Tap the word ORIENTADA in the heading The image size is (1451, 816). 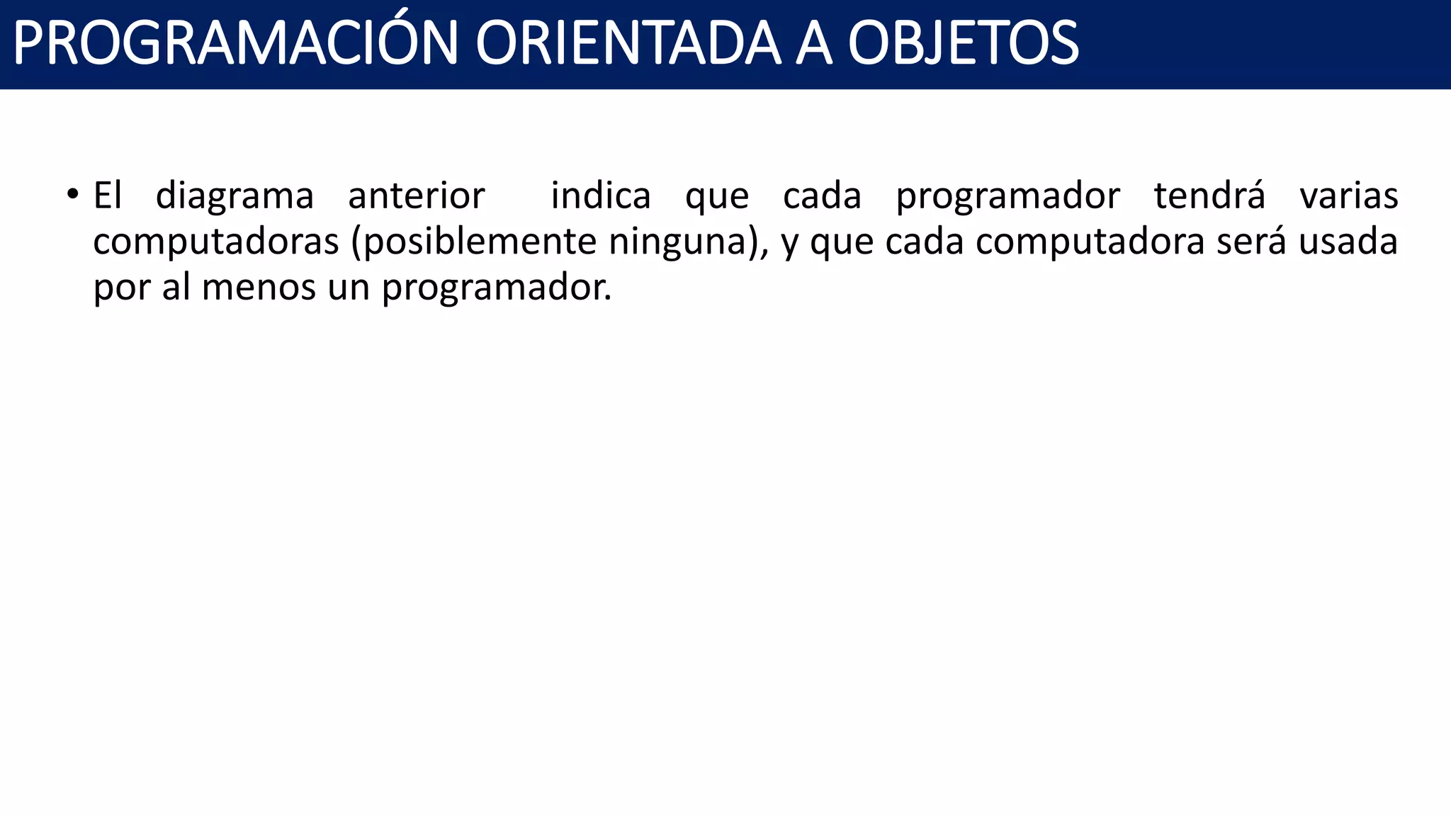coord(628,44)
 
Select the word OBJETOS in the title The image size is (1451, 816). coord(964,44)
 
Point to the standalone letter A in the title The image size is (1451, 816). coord(813,44)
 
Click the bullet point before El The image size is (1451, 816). coord(72,194)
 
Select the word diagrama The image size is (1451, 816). coord(235,197)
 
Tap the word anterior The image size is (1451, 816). coord(417,195)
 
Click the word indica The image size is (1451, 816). coord(601,195)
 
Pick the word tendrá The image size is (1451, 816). coord(1209,195)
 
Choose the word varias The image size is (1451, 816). coord(1349,195)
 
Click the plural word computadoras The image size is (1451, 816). coord(216,242)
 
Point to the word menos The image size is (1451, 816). coord(259,288)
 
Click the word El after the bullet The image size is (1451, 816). coord(108,195)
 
